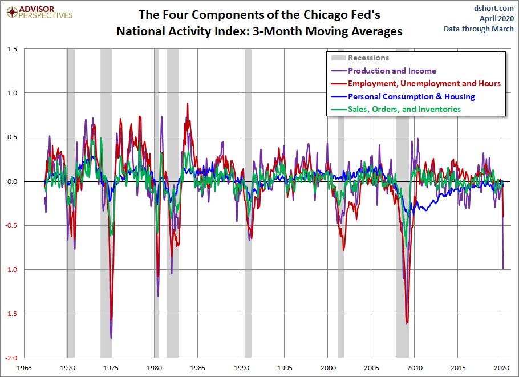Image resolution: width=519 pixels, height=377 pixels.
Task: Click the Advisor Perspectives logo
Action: [39, 12]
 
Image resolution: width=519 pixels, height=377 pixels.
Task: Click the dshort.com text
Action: [493, 8]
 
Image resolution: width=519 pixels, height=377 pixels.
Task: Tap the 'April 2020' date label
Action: [497, 18]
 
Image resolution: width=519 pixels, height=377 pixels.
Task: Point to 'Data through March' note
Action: [479, 29]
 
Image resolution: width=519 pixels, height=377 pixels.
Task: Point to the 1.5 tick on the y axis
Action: [11, 49]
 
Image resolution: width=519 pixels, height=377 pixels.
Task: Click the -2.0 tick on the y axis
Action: [11, 358]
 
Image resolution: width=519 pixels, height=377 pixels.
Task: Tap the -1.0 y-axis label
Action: [11, 270]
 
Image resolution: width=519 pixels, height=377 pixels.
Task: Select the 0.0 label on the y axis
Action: [11, 181]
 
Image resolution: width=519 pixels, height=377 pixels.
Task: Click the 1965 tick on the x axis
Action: [24, 368]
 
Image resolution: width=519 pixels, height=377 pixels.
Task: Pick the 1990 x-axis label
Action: [241, 368]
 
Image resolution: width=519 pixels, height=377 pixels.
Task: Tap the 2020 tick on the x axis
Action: [501, 368]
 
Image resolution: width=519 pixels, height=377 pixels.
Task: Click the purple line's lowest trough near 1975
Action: [111, 338]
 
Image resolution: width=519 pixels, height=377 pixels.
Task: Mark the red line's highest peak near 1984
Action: [188, 104]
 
